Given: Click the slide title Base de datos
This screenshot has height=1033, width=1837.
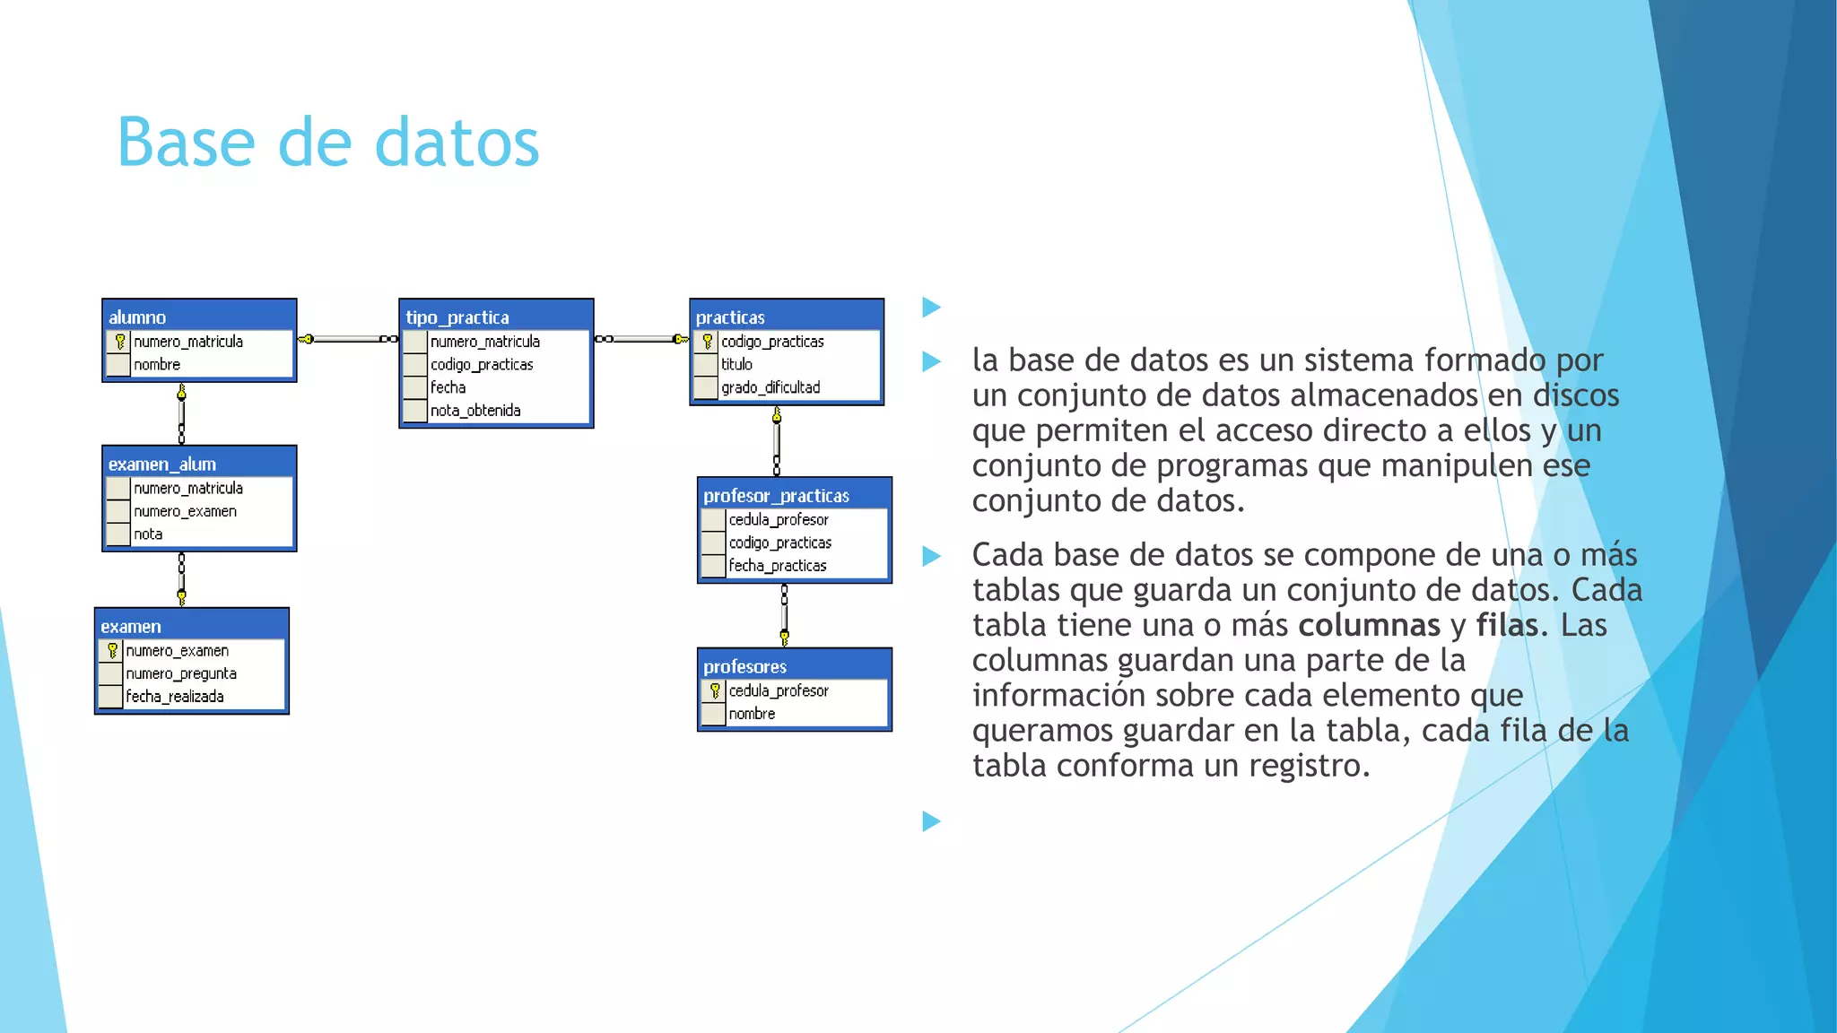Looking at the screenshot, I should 328,143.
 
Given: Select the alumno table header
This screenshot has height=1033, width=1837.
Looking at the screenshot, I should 199,317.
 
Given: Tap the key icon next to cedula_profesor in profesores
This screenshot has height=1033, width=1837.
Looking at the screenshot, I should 715,690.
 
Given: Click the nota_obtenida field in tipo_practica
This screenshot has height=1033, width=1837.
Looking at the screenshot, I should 475,411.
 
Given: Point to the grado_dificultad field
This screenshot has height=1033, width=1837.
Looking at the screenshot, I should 770,387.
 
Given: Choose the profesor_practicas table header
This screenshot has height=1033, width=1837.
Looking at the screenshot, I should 794,495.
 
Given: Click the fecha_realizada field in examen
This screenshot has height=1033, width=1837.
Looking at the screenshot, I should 175,697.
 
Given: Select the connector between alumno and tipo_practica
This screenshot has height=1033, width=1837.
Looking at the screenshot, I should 348,339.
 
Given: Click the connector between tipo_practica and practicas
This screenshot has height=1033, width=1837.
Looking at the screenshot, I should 641,339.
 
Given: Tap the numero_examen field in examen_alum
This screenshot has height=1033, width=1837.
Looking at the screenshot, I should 185,511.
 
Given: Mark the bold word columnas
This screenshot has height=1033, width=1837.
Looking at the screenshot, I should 1369,625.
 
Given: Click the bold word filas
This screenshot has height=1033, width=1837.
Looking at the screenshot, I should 1507,625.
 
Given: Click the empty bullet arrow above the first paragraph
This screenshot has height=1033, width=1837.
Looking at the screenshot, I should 931,308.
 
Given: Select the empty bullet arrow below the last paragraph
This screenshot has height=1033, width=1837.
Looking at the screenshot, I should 931,820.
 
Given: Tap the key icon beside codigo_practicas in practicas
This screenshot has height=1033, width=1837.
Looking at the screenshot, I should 708,342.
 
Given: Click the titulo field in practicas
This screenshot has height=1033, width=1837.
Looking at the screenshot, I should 736,364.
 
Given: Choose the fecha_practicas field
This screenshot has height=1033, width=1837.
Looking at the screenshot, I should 778,566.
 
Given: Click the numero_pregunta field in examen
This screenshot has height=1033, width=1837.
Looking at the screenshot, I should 181,673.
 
